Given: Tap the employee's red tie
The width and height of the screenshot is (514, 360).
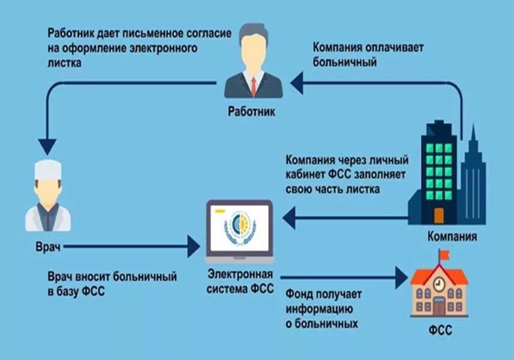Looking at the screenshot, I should point(253,85).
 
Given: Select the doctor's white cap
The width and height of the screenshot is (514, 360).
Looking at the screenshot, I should point(47,170).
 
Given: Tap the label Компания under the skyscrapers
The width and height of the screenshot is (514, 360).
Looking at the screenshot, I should point(452,236).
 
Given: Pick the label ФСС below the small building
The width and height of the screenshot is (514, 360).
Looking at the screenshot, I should point(440,331).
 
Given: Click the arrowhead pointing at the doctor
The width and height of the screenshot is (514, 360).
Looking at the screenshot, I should point(47,146).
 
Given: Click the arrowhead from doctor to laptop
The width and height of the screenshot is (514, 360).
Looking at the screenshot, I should point(193,245).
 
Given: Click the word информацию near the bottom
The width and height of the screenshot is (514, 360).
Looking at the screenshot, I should point(315,310).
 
